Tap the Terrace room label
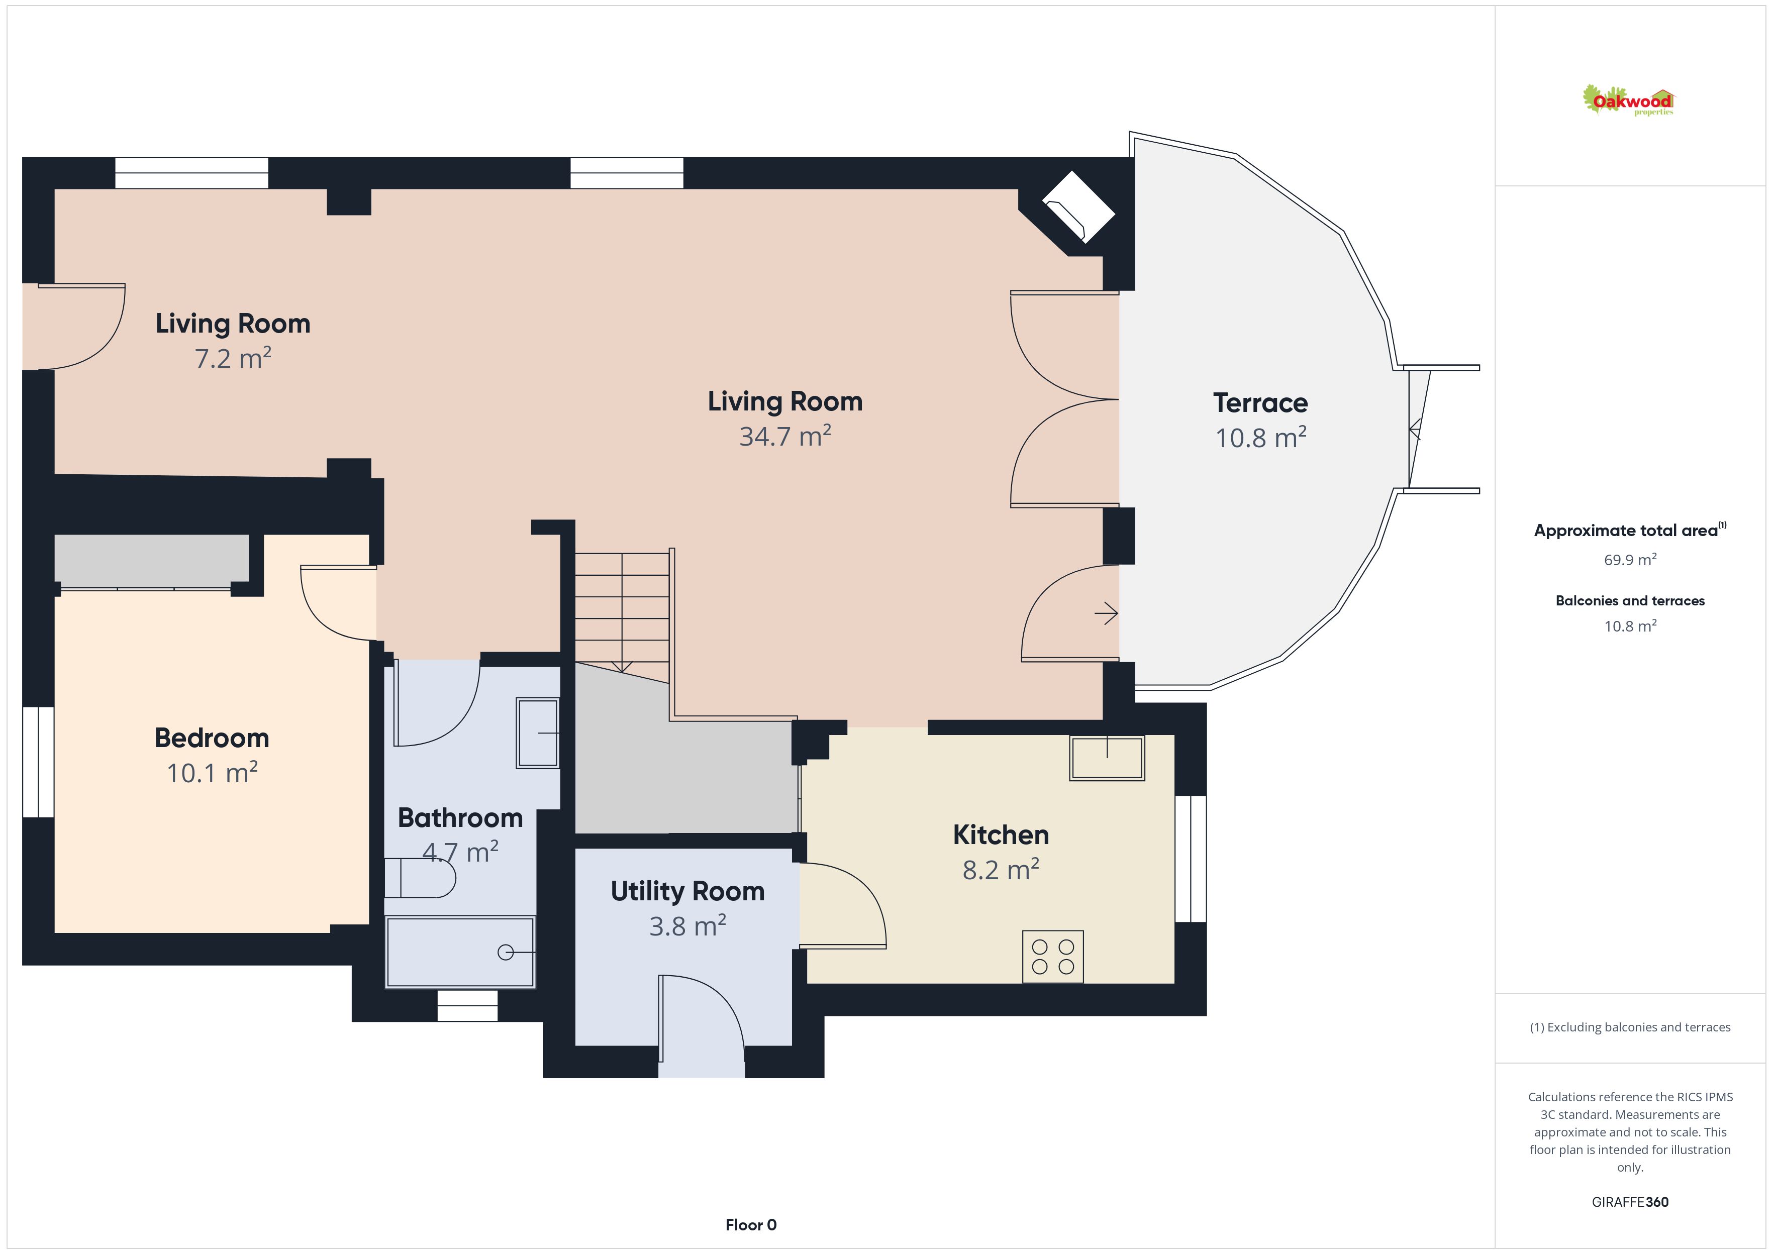pyautogui.click(x=1260, y=402)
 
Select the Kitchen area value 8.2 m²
pyautogui.click(x=1001, y=870)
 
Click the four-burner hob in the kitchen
pyautogui.click(x=1052, y=957)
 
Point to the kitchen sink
pyautogui.click(x=1107, y=758)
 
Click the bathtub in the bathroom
pyautogui.click(x=460, y=952)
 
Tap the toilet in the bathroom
pyautogui.click(x=419, y=878)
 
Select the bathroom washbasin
pyautogui.click(x=537, y=733)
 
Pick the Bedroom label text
pyautogui.click(x=212, y=738)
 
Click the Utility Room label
pyautogui.click(x=687, y=891)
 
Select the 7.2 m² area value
pyautogui.click(x=233, y=358)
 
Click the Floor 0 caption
pyautogui.click(x=751, y=1225)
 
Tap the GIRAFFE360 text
pyautogui.click(x=1630, y=1201)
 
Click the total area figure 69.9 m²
pyautogui.click(x=1630, y=559)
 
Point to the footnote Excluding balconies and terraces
pyautogui.click(x=1630, y=1027)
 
